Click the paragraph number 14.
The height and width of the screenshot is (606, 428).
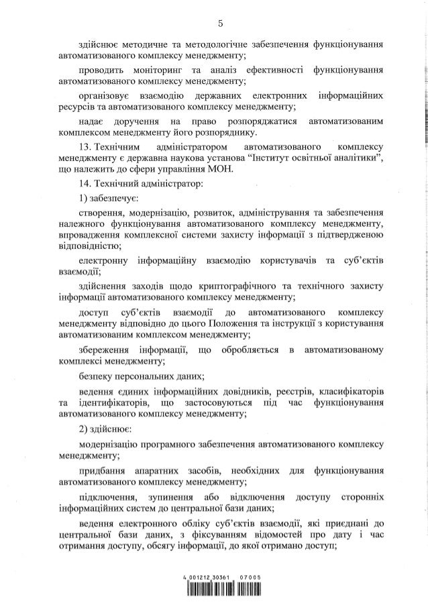pos(85,183)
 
